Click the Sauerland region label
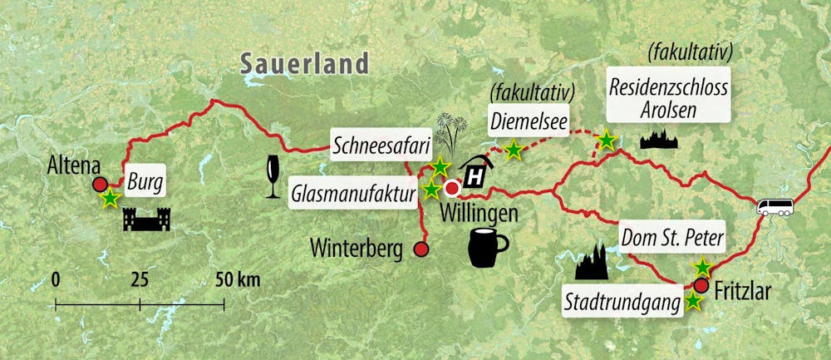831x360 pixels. tap(303, 62)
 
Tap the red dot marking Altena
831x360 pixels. tap(99, 185)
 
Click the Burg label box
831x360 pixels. tap(146, 178)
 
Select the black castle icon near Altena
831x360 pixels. tap(147, 219)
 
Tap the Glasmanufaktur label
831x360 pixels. tap(352, 194)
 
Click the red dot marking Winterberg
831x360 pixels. tap(421, 249)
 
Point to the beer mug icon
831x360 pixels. tap(488, 248)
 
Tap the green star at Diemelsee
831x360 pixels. tap(514, 150)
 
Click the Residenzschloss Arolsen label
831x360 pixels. tap(668, 98)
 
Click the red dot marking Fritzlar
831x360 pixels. tap(701, 286)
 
